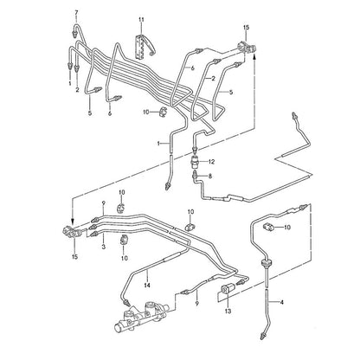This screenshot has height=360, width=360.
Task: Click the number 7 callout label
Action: [x=76, y=13]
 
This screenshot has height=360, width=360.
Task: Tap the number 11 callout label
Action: [x=141, y=20]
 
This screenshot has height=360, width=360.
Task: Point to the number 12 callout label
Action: [x=212, y=162]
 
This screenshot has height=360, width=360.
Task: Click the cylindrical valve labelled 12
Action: [x=195, y=160]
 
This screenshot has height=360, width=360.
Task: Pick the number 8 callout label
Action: [x=210, y=176]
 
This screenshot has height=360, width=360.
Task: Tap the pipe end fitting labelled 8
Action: [x=196, y=174]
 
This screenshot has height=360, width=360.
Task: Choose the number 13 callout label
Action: [x=228, y=311]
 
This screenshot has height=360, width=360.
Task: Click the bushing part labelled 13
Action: [x=226, y=289]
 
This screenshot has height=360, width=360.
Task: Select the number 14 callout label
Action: [x=147, y=286]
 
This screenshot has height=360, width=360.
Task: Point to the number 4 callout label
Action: [x=282, y=302]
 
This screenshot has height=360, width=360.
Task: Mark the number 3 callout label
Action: [x=104, y=247]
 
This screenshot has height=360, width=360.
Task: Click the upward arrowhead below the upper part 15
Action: [x=254, y=57]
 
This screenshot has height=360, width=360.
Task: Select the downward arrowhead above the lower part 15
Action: [x=73, y=222]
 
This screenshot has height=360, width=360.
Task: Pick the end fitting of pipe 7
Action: [x=74, y=34]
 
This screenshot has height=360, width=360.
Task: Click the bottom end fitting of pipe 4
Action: [x=263, y=336]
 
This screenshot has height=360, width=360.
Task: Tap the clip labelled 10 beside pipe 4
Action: [x=268, y=227]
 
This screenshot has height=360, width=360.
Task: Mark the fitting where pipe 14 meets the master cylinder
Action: [x=126, y=303]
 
